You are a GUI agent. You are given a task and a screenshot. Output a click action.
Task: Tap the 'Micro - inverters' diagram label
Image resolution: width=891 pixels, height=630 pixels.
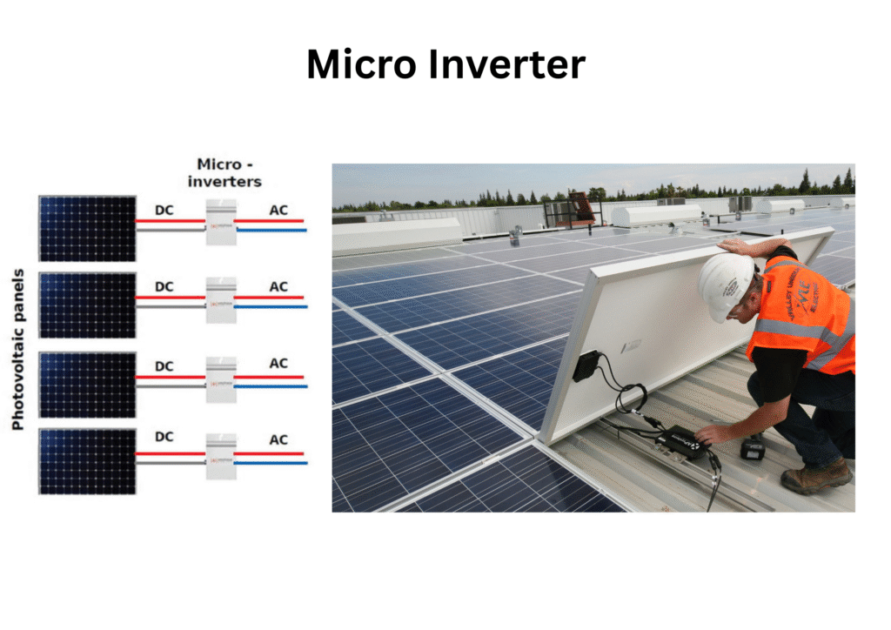pos(229,172)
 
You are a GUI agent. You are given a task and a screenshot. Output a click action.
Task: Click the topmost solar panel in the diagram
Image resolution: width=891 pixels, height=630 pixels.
pos(87,229)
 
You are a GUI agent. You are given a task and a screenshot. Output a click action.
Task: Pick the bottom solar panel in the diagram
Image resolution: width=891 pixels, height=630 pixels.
pos(87,461)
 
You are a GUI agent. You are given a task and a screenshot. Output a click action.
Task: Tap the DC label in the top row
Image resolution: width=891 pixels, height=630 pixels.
pos(164,210)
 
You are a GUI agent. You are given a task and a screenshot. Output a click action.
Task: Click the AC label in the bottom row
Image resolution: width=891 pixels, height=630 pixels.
pos(278,440)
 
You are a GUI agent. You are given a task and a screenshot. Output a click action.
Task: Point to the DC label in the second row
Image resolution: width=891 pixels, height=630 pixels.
pos(164,286)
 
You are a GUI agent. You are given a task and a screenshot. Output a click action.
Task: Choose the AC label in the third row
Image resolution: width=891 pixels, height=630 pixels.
pos(278,363)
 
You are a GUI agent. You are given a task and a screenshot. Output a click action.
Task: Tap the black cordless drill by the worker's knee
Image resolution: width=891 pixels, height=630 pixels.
pos(753,448)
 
